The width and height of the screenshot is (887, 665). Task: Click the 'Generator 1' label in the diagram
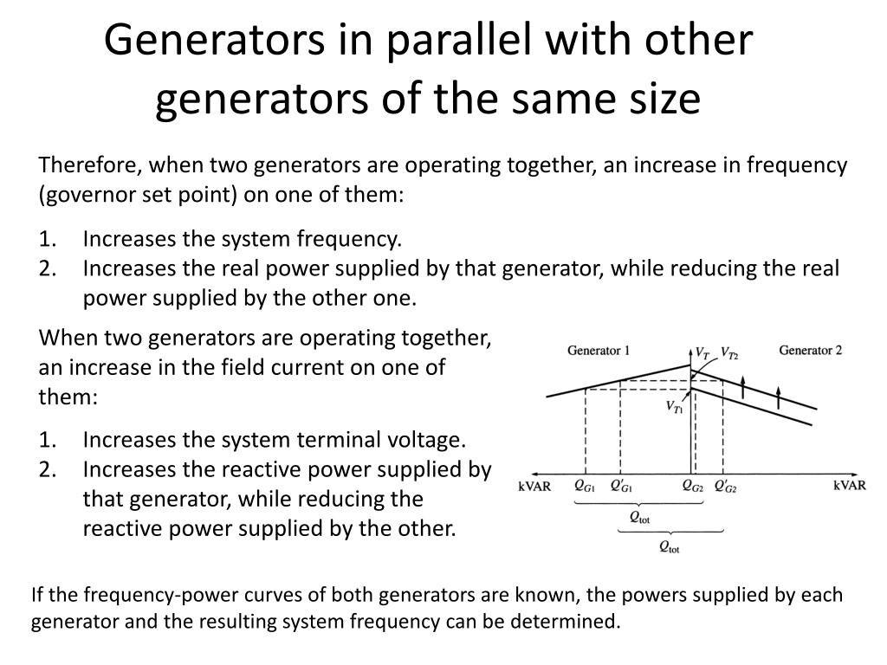[x=599, y=351]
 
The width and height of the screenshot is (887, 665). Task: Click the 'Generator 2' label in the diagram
[x=811, y=350]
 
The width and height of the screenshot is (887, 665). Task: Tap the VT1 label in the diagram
[x=675, y=406]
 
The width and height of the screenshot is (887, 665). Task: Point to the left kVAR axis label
[x=534, y=486]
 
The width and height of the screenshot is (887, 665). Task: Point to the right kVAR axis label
[x=850, y=485]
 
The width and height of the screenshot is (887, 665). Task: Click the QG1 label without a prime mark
[x=584, y=487]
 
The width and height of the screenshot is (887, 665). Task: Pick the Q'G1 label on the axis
[x=621, y=487]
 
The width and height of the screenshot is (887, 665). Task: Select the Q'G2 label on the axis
[x=725, y=487]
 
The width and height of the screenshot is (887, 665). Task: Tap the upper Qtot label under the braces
[x=639, y=518]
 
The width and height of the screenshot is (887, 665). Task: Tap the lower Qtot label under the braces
[x=670, y=546]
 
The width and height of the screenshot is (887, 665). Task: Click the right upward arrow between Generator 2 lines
[x=779, y=396]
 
